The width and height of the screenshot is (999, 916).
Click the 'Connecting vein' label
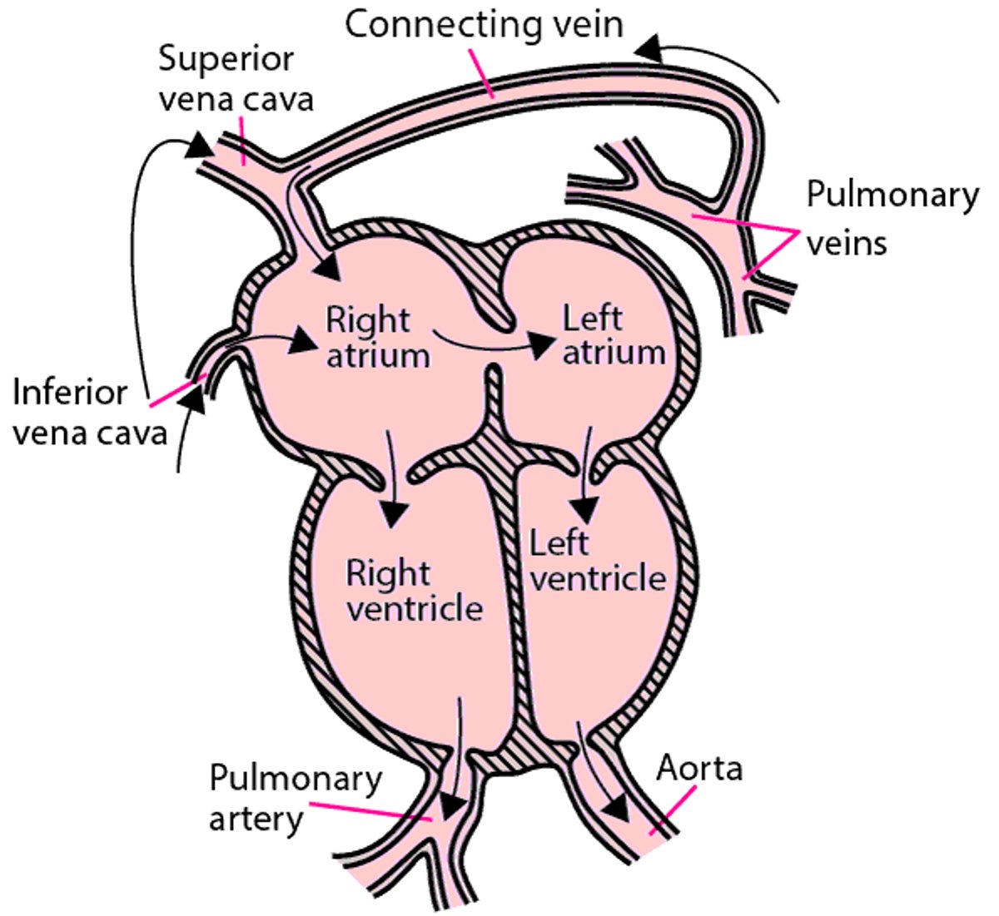coord(484,24)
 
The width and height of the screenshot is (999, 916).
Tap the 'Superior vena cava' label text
coord(236,78)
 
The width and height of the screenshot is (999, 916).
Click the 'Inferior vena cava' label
coord(89,412)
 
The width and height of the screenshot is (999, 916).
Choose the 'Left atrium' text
coord(614,334)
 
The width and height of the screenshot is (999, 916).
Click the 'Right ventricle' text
coord(414,591)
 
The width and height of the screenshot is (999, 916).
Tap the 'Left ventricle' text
coord(597,561)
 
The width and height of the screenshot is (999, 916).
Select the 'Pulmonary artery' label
coord(295,798)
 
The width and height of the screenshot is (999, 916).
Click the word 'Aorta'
coord(699,768)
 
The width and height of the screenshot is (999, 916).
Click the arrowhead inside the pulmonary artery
coord(453,805)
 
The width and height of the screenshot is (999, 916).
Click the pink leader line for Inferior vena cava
coord(177,392)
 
